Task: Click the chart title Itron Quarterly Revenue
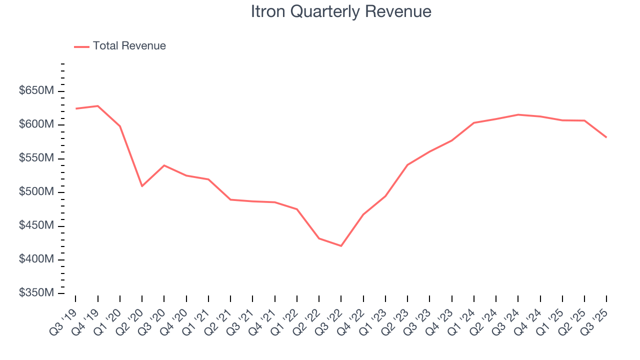click(x=341, y=11)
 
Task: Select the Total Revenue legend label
click(x=129, y=46)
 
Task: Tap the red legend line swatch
click(x=81, y=46)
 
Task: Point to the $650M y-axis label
click(x=35, y=91)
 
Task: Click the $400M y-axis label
click(x=35, y=259)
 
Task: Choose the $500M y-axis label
click(x=35, y=192)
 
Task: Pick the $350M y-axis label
click(x=35, y=293)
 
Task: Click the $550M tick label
click(x=35, y=158)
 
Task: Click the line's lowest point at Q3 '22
click(x=341, y=246)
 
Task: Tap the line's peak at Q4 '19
click(x=98, y=105)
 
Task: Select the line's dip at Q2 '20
click(x=142, y=186)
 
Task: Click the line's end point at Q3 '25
click(x=606, y=137)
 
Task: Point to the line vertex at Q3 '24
click(x=518, y=114)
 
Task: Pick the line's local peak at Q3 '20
click(x=164, y=165)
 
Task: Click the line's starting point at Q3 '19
click(x=76, y=108)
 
